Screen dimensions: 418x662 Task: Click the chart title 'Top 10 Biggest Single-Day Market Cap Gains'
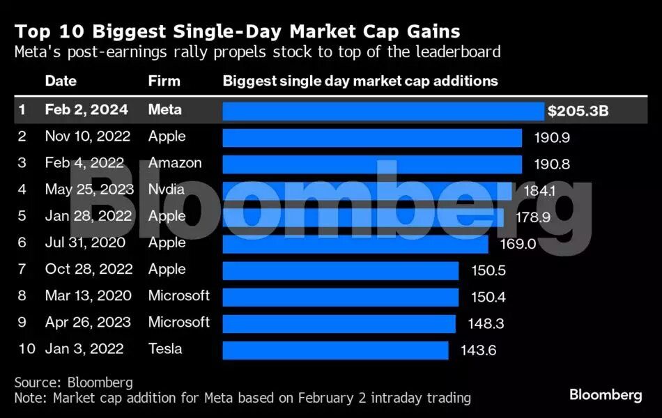click(237, 31)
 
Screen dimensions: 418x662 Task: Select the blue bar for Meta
click(383, 111)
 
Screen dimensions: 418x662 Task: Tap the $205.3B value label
click(578, 111)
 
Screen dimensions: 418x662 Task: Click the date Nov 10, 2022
click(87, 137)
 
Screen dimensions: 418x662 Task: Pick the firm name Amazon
click(175, 163)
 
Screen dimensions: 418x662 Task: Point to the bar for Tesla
click(335, 350)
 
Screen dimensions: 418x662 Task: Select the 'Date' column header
click(61, 81)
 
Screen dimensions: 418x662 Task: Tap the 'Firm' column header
click(164, 81)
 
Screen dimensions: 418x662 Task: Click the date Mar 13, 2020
click(88, 295)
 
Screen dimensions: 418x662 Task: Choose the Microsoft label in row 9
click(178, 322)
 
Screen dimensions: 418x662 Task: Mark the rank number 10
click(25, 349)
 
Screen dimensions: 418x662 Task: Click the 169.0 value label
click(518, 244)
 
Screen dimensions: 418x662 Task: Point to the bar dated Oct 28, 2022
click(340, 270)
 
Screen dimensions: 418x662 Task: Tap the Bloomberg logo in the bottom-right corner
click(606, 395)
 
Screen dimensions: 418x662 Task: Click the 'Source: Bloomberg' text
click(73, 382)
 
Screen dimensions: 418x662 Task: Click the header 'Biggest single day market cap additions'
click(360, 81)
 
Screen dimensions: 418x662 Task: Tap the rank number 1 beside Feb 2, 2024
click(22, 110)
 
